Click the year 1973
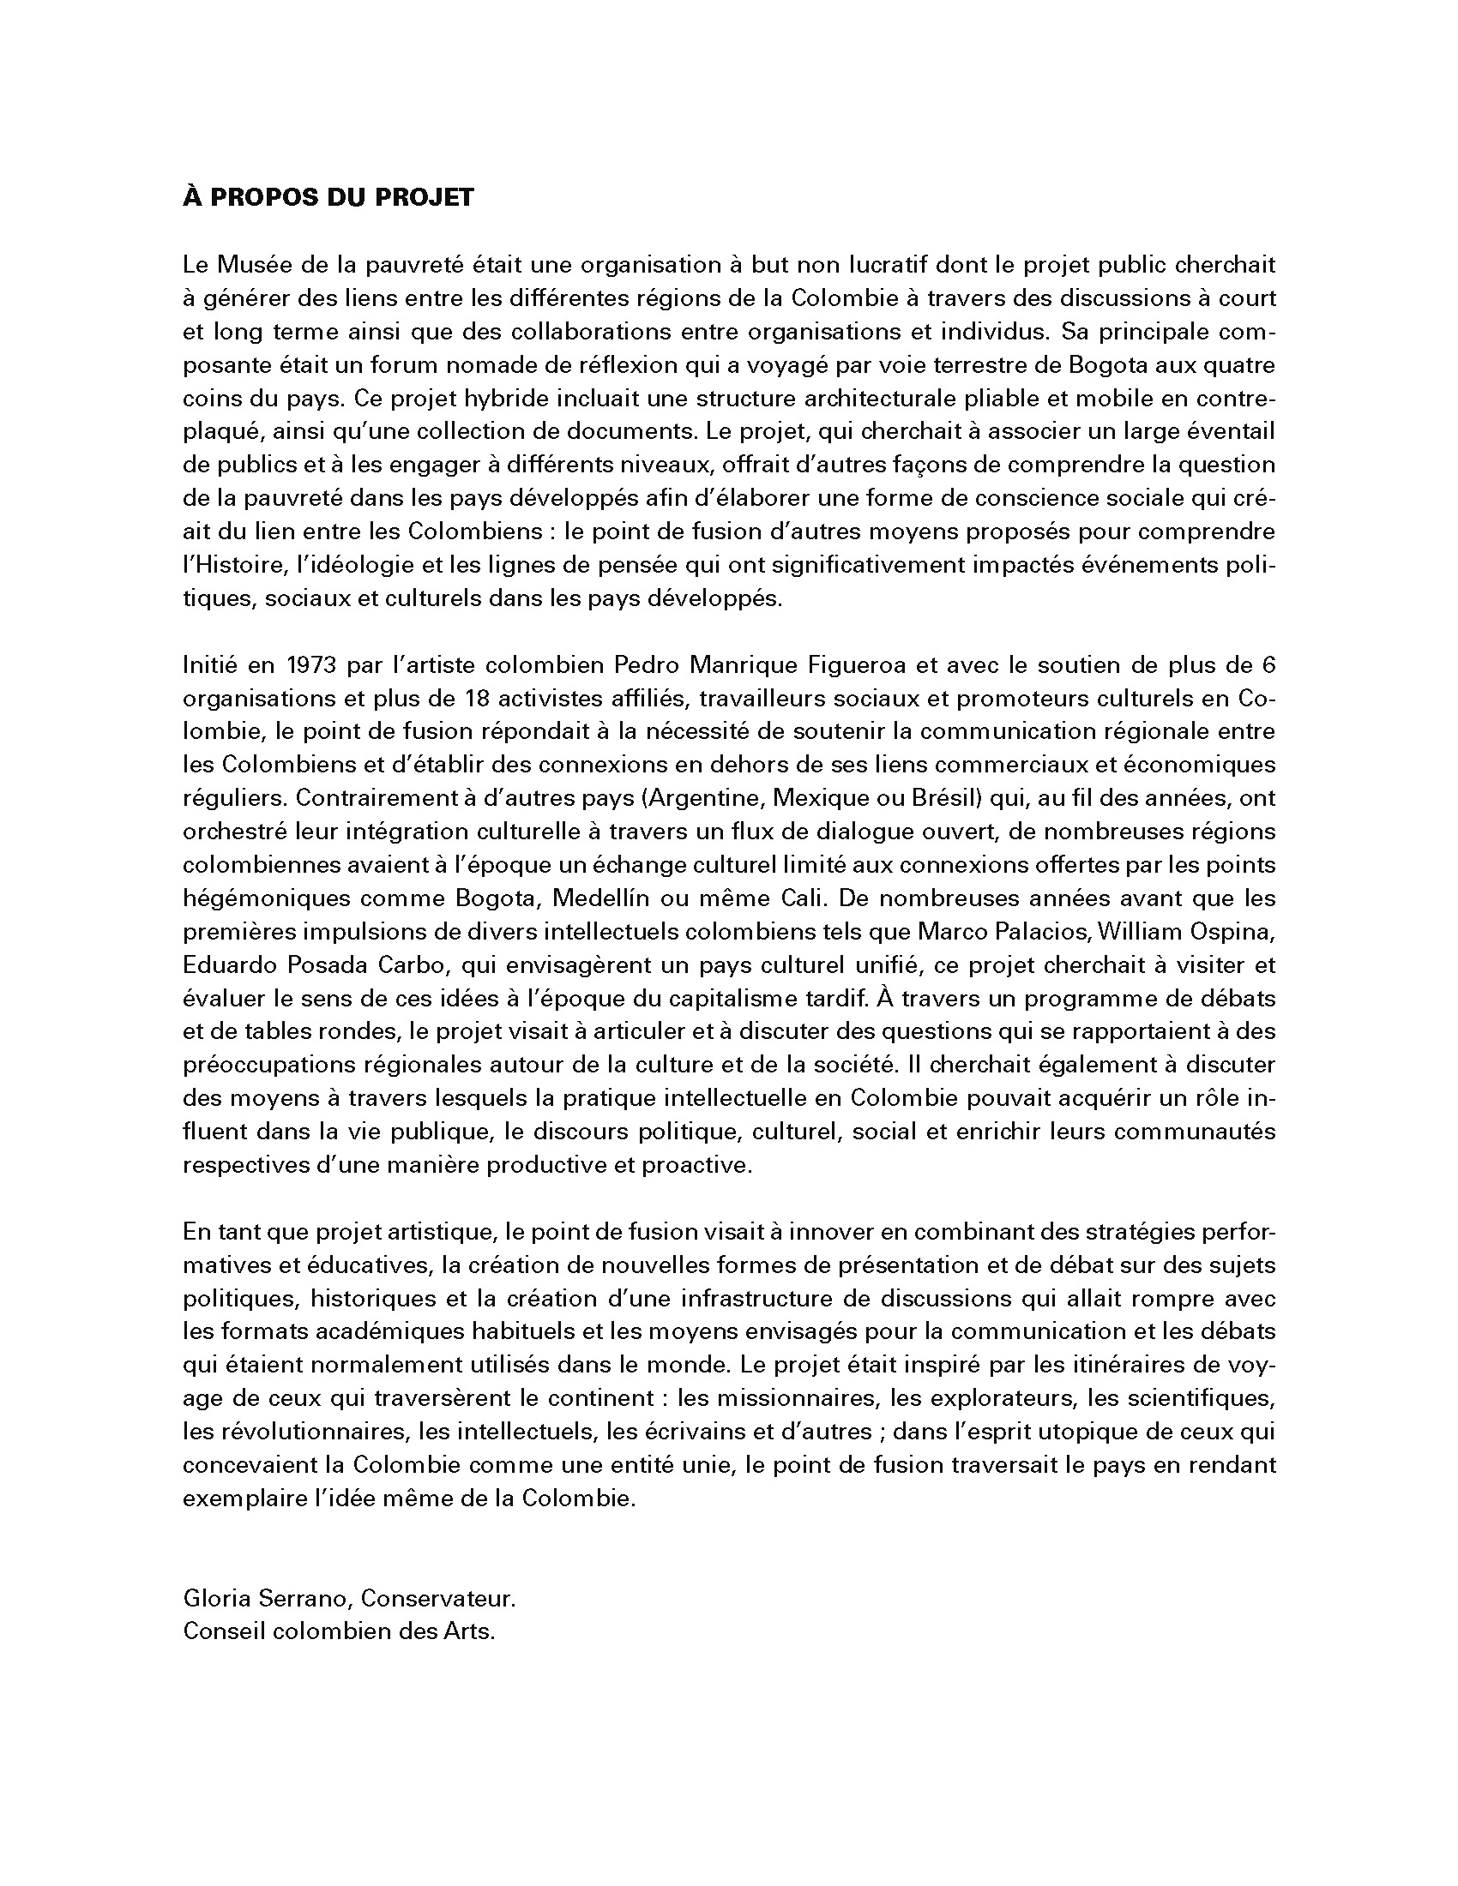pyautogui.click(x=312, y=665)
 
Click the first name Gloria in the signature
pyautogui.click(x=216, y=1599)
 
